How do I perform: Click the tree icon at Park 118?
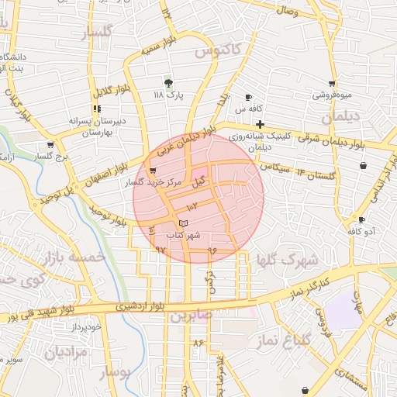pos(168,83)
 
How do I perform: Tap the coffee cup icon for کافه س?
pos(248,98)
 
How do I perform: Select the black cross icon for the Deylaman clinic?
pos(260,124)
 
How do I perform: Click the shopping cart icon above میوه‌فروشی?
pos(332,84)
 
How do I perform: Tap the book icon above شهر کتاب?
pos(183,223)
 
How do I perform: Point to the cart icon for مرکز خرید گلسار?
pos(162,171)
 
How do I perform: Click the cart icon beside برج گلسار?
pos(50,144)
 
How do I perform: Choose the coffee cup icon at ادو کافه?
pos(361,220)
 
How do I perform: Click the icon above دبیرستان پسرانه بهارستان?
pos(96,109)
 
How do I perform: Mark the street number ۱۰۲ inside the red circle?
pos(192,206)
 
